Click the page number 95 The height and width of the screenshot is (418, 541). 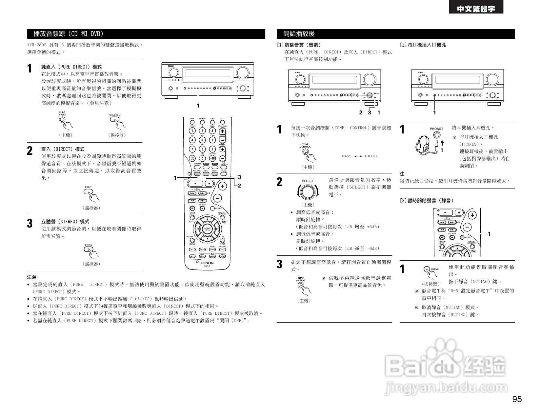[x=517, y=399]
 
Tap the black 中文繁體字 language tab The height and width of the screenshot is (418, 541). [x=476, y=9]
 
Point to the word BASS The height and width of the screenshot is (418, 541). [x=346, y=156]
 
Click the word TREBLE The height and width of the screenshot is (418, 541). [x=371, y=156]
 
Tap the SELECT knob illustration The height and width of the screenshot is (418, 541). [x=308, y=192]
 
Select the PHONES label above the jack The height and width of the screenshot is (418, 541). [x=436, y=129]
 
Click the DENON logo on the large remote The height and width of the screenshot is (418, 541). [x=207, y=263]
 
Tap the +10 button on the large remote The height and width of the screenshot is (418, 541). [x=212, y=158]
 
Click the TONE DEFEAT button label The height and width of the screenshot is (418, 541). [x=301, y=279]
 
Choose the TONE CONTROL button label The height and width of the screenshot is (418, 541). [x=305, y=146]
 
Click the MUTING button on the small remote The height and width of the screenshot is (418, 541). [x=462, y=237]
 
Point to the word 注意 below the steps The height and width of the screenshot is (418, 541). [x=33, y=277]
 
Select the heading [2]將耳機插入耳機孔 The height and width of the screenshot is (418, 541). [x=423, y=45]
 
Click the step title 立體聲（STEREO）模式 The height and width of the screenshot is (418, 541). [x=65, y=222]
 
